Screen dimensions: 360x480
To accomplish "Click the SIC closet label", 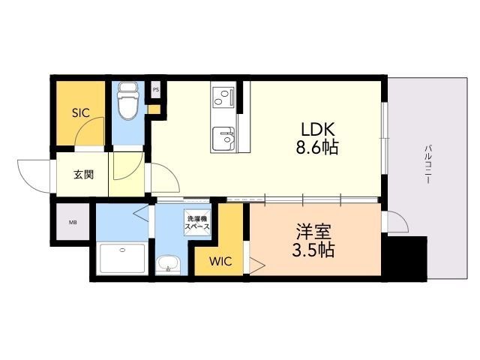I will click(x=80, y=113).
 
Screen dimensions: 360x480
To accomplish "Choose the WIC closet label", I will click(x=220, y=262).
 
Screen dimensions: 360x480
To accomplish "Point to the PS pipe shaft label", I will click(x=156, y=90).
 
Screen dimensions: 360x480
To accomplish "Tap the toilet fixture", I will click(x=127, y=103).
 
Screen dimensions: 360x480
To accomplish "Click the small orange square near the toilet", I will click(x=154, y=109).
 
